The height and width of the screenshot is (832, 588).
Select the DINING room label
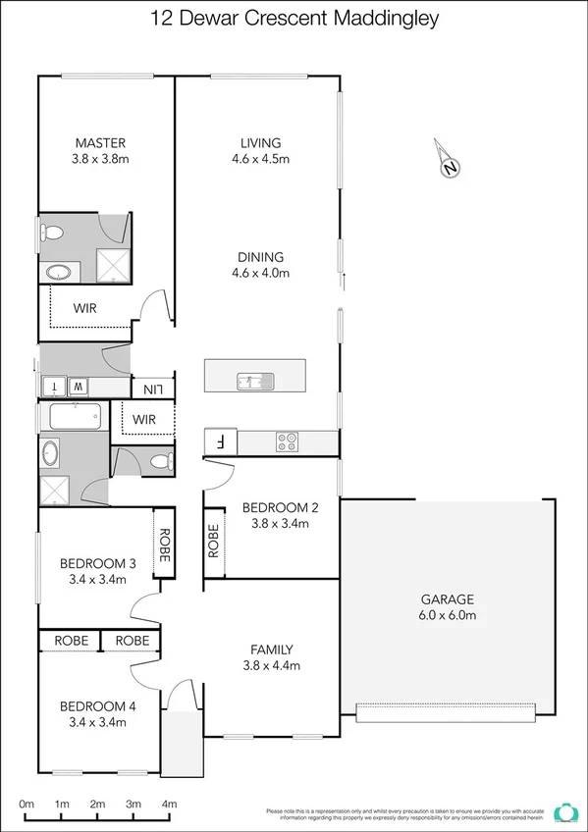coord(260,257)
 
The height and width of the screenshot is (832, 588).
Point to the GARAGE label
coord(447,598)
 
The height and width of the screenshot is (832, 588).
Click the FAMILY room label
coord(272,649)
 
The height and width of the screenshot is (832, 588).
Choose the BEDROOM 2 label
coord(281,507)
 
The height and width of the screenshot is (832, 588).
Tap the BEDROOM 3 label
coord(98,563)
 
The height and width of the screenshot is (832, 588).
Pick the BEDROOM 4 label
coord(98,706)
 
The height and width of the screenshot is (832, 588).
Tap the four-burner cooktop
coord(287,442)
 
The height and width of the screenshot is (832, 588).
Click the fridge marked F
coord(220,442)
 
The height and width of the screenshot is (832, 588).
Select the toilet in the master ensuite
coord(52,233)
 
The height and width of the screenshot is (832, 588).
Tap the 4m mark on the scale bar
coord(170,805)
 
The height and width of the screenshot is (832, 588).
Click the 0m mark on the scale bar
coord(27,805)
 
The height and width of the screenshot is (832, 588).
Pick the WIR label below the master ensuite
coord(85,307)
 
